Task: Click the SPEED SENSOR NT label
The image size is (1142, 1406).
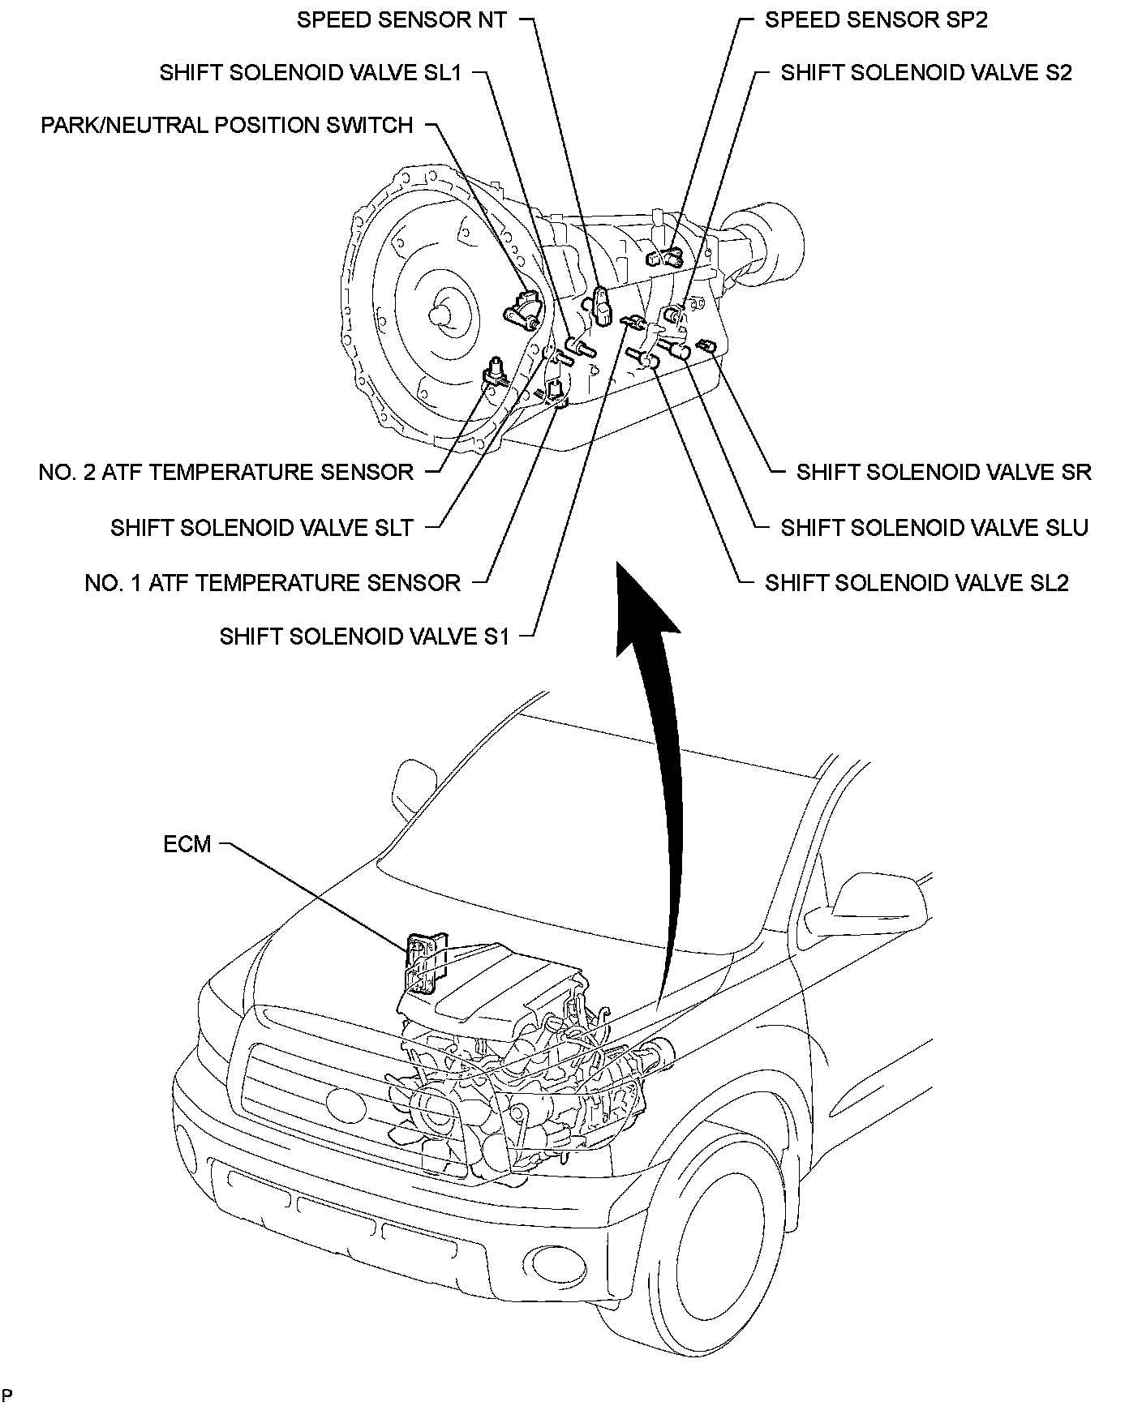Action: [401, 20]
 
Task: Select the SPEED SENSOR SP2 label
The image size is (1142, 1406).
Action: [876, 20]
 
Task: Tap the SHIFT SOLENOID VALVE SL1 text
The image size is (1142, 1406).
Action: [311, 73]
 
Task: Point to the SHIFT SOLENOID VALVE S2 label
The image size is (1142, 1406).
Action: [925, 73]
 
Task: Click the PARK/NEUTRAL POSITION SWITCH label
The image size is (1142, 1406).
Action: [227, 126]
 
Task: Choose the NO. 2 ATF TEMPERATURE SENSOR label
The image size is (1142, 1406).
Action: [226, 472]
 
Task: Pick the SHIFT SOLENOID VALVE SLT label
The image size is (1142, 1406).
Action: [262, 528]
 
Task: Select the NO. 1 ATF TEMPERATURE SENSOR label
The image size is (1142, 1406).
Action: [273, 582]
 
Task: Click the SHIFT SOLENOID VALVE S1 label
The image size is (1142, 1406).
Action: [364, 637]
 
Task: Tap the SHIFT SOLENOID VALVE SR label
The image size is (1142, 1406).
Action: [943, 472]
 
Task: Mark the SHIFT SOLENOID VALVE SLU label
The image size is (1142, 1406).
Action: [934, 528]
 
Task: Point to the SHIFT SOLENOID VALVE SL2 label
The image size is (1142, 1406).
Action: [917, 582]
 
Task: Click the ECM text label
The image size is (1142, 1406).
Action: [187, 844]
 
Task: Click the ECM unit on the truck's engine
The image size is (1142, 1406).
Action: [422, 962]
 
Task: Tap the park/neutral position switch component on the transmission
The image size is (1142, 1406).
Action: [523, 309]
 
